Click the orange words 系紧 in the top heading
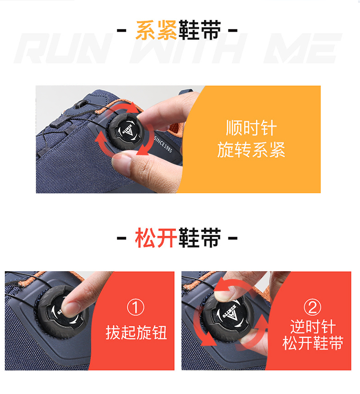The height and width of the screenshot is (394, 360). click(156, 30)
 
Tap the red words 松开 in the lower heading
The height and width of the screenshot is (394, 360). click(156, 238)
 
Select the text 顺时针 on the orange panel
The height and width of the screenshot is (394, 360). click(251, 128)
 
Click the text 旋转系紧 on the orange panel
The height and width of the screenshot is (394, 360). click(251, 150)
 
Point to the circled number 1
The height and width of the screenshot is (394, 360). click(136, 307)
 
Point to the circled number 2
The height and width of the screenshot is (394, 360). click(312, 307)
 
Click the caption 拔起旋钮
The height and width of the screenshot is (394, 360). click(136, 333)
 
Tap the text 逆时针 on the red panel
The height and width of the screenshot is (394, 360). click(313, 326)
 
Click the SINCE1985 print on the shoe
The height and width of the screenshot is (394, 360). click(163, 144)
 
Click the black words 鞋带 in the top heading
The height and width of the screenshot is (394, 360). click(200, 30)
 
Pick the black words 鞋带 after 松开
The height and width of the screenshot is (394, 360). click(200, 238)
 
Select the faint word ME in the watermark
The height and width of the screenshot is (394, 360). click(303, 48)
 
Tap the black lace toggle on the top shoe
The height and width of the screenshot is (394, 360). click(81, 104)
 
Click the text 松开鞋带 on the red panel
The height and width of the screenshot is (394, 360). click(313, 343)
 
